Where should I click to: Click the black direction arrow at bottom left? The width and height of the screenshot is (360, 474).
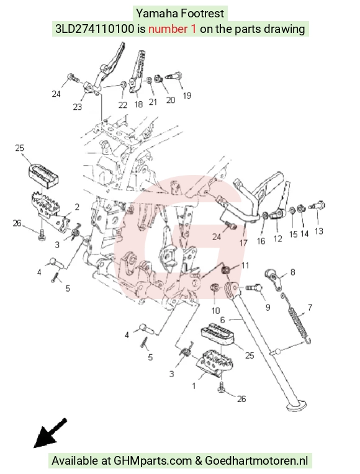(50, 433)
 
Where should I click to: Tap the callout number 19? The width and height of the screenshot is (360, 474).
(187, 96)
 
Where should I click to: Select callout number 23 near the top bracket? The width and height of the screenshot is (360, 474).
(78, 107)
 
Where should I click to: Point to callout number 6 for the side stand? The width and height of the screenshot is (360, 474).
(223, 320)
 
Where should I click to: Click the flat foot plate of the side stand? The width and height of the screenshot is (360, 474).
(296, 405)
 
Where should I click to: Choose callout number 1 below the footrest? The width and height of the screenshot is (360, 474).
(194, 386)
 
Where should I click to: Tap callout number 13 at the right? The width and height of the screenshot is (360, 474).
(319, 231)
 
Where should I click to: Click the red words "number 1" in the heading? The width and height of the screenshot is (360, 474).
(172, 29)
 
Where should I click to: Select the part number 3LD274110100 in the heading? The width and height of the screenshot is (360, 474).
(94, 29)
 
